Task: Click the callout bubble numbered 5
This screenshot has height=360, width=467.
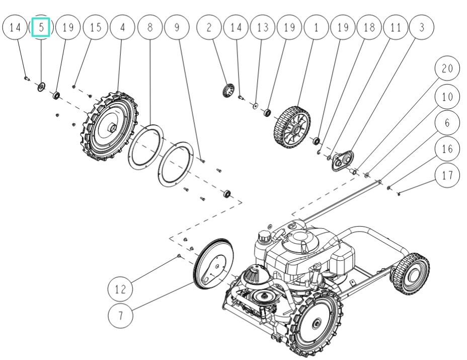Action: (x=41, y=27)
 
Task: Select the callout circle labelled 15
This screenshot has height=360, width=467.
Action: (x=95, y=27)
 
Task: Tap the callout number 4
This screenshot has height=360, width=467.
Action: (x=122, y=27)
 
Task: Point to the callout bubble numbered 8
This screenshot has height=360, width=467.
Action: (x=149, y=27)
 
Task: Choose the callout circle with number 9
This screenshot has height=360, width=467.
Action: (x=177, y=27)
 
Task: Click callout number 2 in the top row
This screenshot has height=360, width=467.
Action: (x=209, y=27)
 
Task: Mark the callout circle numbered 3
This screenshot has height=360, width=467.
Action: (x=422, y=27)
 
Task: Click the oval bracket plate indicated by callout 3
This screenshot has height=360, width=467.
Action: (x=344, y=160)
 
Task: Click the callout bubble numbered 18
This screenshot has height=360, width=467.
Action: (x=369, y=27)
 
